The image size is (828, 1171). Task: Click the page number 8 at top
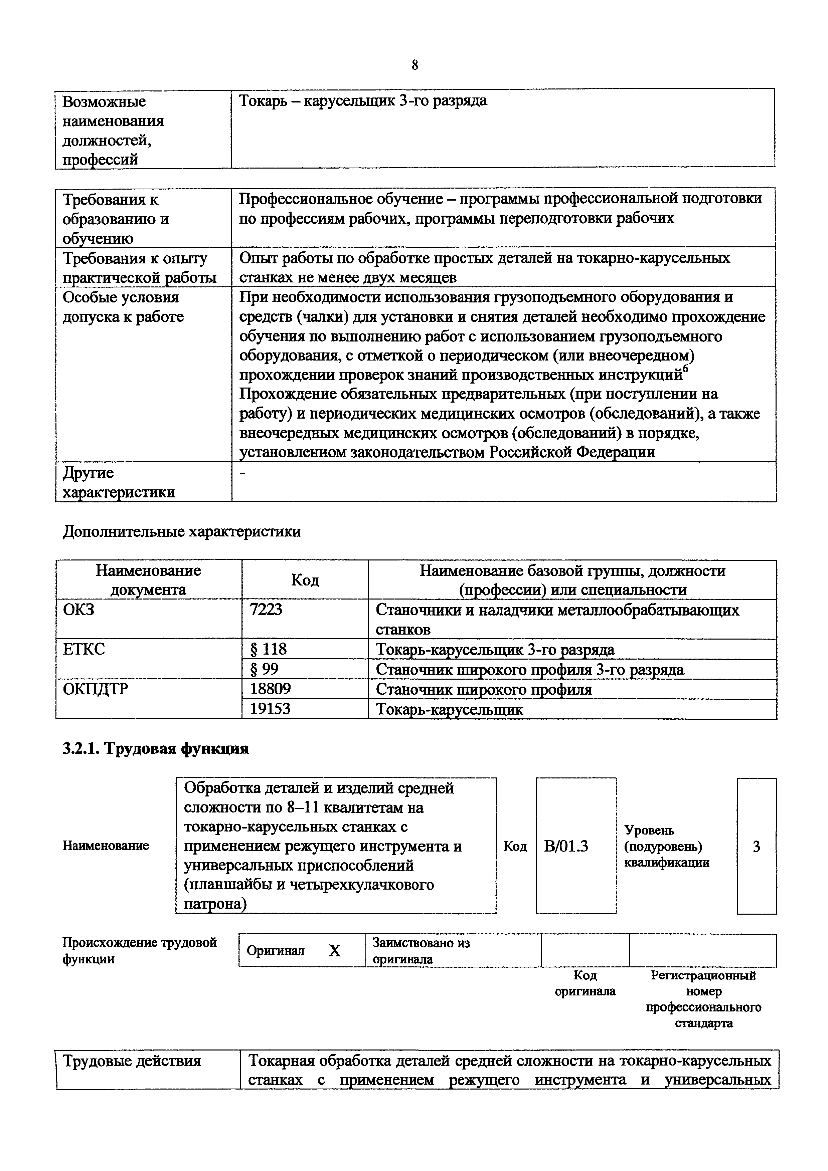(414, 65)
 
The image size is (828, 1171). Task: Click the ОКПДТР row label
(96, 689)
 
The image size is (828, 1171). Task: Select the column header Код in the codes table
(305, 579)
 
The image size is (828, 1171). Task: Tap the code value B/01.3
(566, 846)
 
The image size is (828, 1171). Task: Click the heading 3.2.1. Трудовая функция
(156, 748)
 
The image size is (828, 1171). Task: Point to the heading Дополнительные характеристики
(182, 531)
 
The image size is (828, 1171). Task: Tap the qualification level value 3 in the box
(756, 846)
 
